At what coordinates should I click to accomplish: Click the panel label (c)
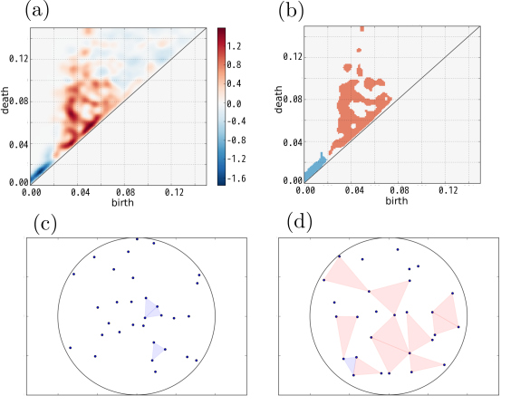click(x=46, y=223)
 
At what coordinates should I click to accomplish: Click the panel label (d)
click(x=301, y=223)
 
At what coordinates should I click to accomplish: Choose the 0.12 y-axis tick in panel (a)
click(x=17, y=59)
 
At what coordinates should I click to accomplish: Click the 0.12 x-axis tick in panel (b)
click(x=448, y=191)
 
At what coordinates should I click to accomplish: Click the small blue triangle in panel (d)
click(x=351, y=364)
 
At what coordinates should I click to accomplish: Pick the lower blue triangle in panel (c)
click(x=158, y=350)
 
